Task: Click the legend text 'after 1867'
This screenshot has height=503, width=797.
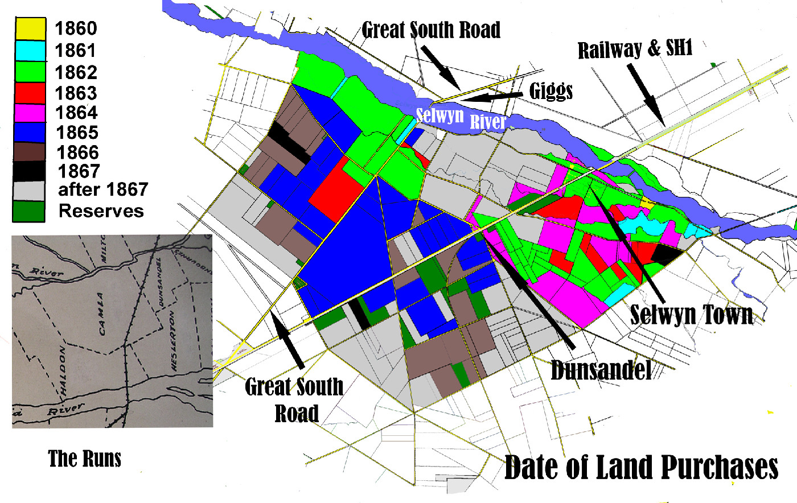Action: pyautogui.click(x=102, y=189)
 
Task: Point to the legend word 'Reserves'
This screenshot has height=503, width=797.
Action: pyautogui.click(x=101, y=211)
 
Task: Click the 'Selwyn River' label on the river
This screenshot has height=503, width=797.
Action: pyautogui.click(x=461, y=118)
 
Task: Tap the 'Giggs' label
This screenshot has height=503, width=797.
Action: pyautogui.click(x=550, y=91)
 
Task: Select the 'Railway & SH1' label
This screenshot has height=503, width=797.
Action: pyautogui.click(x=635, y=50)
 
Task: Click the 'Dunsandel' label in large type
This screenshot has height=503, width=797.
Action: pyautogui.click(x=601, y=370)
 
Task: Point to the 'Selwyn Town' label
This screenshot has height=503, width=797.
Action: pyautogui.click(x=691, y=314)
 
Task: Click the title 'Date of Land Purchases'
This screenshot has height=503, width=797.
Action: pyautogui.click(x=641, y=468)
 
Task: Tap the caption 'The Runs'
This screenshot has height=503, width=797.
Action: pyautogui.click(x=85, y=458)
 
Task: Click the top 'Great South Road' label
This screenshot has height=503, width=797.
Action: pyautogui.click(x=431, y=30)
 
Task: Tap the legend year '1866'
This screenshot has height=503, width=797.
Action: pyautogui.click(x=77, y=152)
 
